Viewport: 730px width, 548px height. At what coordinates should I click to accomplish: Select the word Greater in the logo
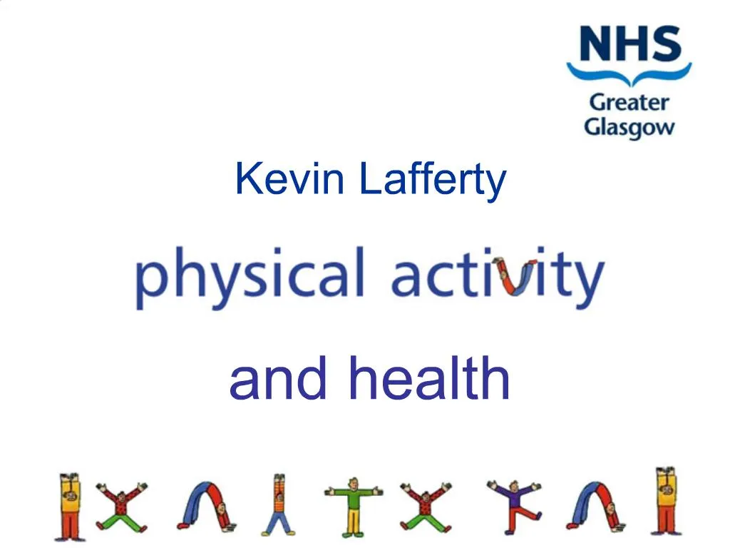click(x=629, y=103)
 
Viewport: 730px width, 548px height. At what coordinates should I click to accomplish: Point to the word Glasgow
click(x=629, y=128)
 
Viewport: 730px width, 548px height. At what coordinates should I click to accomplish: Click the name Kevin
click(x=289, y=179)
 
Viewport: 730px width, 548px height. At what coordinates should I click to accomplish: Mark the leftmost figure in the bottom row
click(x=70, y=505)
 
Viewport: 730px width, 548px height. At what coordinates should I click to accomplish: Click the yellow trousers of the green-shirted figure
click(x=353, y=521)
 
